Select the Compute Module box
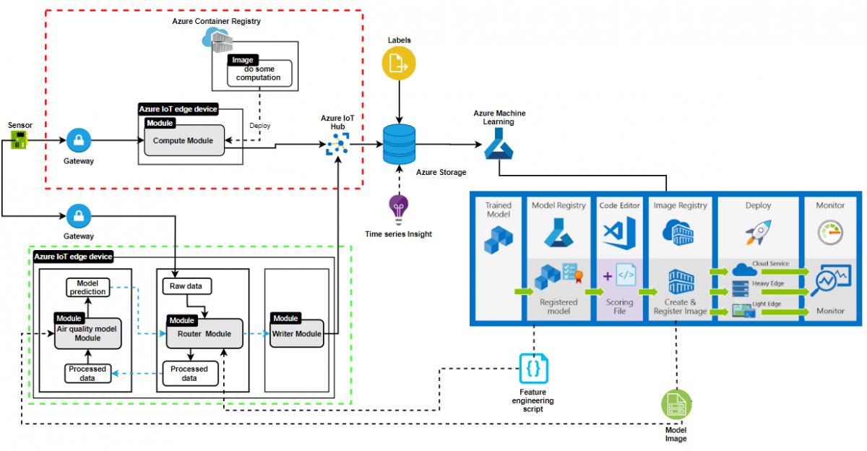[x=184, y=139]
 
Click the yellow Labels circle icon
[x=399, y=65]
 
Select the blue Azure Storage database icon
[x=399, y=145]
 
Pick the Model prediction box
[x=87, y=287]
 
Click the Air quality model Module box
[x=88, y=332]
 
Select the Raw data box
[x=186, y=286]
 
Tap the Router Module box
[x=207, y=333]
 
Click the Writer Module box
[x=296, y=333]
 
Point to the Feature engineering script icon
[x=533, y=368]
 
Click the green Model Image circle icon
[x=676, y=404]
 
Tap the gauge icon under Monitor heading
[x=830, y=233]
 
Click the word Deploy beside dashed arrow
[x=260, y=125]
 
